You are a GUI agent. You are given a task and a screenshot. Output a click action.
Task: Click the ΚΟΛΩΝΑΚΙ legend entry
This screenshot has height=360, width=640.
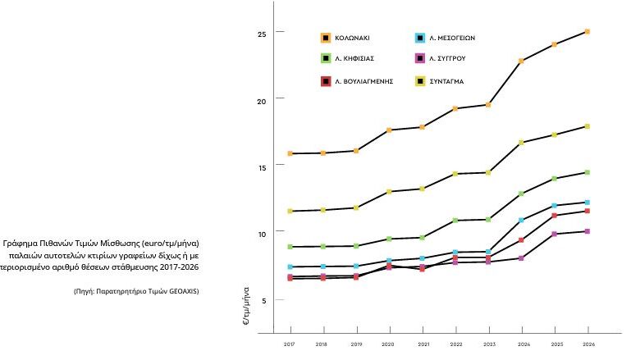pyautogui.click(x=345, y=38)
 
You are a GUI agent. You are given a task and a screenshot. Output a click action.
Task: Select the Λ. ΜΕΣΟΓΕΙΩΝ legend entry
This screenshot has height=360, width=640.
pyautogui.click(x=445, y=38)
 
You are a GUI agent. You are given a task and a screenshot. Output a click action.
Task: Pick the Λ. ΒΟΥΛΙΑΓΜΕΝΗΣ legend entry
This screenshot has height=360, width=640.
pyautogui.click(x=357, y=81)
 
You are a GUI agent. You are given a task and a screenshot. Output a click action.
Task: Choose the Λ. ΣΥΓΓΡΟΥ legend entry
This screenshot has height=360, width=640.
pyautogui.click(x=441, y=58)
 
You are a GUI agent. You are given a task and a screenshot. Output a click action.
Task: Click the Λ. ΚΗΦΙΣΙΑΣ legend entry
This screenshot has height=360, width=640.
pyautogui.click(x=348, y=58)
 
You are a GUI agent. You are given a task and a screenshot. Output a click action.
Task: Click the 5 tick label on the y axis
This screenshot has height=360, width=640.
pyautogui.click(x=263, y=300)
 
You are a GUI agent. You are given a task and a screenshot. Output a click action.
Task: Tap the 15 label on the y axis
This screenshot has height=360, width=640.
pyautogui.click(x=262, y=167)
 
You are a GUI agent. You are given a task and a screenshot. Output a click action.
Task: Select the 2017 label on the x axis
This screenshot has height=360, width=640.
pyautogui.click(x=289, y=344)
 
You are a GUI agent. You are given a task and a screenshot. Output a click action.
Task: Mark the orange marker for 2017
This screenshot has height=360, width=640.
pyautogui.click(x=290, y=153)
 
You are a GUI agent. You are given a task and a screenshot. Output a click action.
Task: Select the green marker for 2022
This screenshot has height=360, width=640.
pyautogui.click(x=455, y=221)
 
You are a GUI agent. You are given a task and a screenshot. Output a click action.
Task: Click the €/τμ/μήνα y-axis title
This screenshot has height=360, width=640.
pyautogui.click(x=246, y=306)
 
